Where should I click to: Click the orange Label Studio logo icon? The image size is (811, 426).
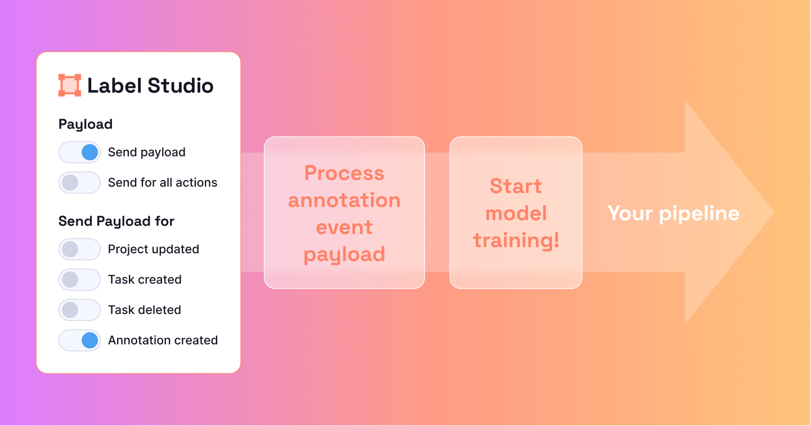[70, 86]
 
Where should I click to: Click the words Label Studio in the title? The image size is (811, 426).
[150, 86]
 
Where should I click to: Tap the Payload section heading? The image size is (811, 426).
[86, 124]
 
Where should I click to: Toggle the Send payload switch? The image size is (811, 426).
[79, 153]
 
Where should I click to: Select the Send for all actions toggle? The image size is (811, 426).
[79, 183]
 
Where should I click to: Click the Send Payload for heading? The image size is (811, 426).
[117, 221]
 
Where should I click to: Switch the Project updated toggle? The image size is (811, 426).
[79, 249]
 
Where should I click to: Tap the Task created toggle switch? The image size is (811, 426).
[79, 280]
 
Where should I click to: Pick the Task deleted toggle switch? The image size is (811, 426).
[79, 310]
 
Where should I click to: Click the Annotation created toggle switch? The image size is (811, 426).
[79, 340]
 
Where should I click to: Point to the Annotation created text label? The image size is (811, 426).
[163, 340]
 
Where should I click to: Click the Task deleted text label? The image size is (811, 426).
[145, 310]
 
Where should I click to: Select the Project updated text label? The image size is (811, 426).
[154, 249]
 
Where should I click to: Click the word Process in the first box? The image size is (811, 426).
[344, 173]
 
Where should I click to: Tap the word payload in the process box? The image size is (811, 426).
[344, 254]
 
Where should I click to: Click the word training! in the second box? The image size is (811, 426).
[516, 240]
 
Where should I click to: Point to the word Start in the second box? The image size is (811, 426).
[516, 186]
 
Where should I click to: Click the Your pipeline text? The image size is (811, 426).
[673, 213]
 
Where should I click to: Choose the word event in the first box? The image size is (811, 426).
[344, 227]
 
